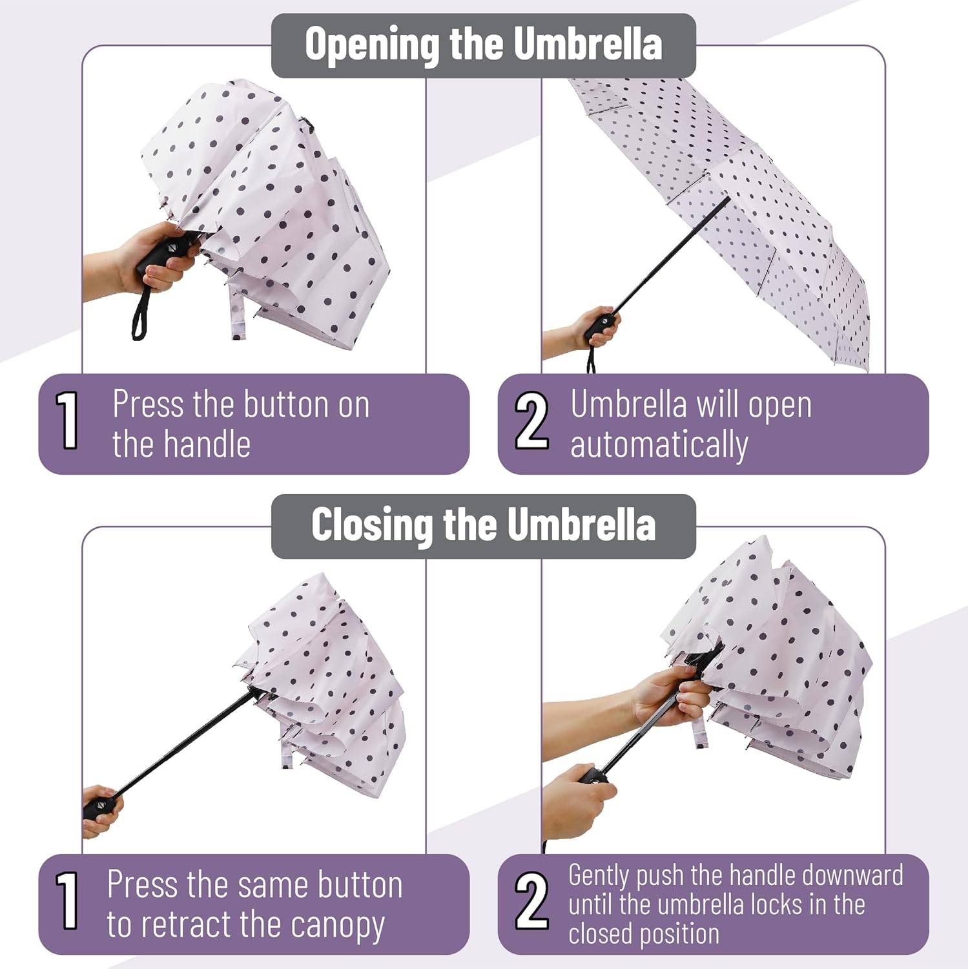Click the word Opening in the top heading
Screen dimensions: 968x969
coord(373,45)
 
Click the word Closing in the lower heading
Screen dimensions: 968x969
coord(371,524)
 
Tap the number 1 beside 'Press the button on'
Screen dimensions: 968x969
coord(68,421)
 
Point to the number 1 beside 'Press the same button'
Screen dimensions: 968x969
coord(68,901)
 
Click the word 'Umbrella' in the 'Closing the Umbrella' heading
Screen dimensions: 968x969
coord(581,524)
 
